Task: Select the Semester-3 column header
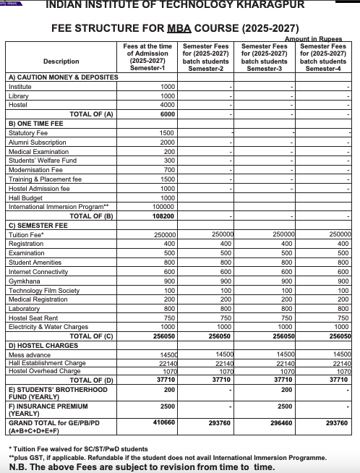coord(266,56)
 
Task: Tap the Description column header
coord(61,61)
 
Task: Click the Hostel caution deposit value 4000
coord(167,104)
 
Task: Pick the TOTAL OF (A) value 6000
coord(167,114)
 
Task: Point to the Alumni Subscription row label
coord(37,142)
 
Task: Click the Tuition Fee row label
coord(26,235)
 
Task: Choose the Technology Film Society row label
coord(44,291)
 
